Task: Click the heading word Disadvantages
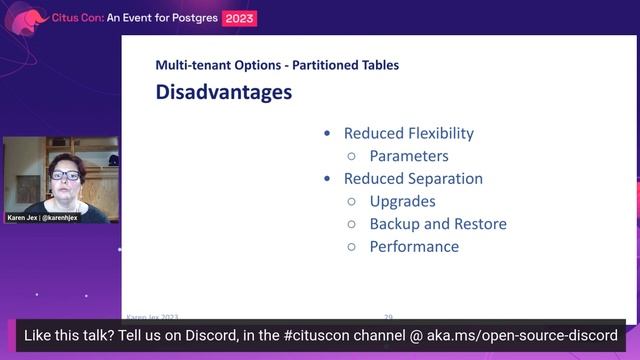tap(223, 93)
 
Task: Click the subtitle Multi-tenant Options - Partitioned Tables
tap(277, 65)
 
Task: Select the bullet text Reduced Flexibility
tap(408, 133)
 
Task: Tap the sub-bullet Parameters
tap(408, 156)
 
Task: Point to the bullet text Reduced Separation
tap(413, 179)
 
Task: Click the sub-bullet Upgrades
tap(402, 201)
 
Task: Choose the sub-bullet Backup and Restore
tap(437, 224)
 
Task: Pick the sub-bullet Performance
tap(414, 246)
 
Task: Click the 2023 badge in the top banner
tap(240, 18)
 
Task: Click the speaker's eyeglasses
tap(65, 176)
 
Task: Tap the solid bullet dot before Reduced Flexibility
tap(327, 134)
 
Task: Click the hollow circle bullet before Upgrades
tap(351, 202)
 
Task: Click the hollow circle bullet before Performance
tap(351, 247)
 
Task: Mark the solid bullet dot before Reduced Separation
tap(327, 180)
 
